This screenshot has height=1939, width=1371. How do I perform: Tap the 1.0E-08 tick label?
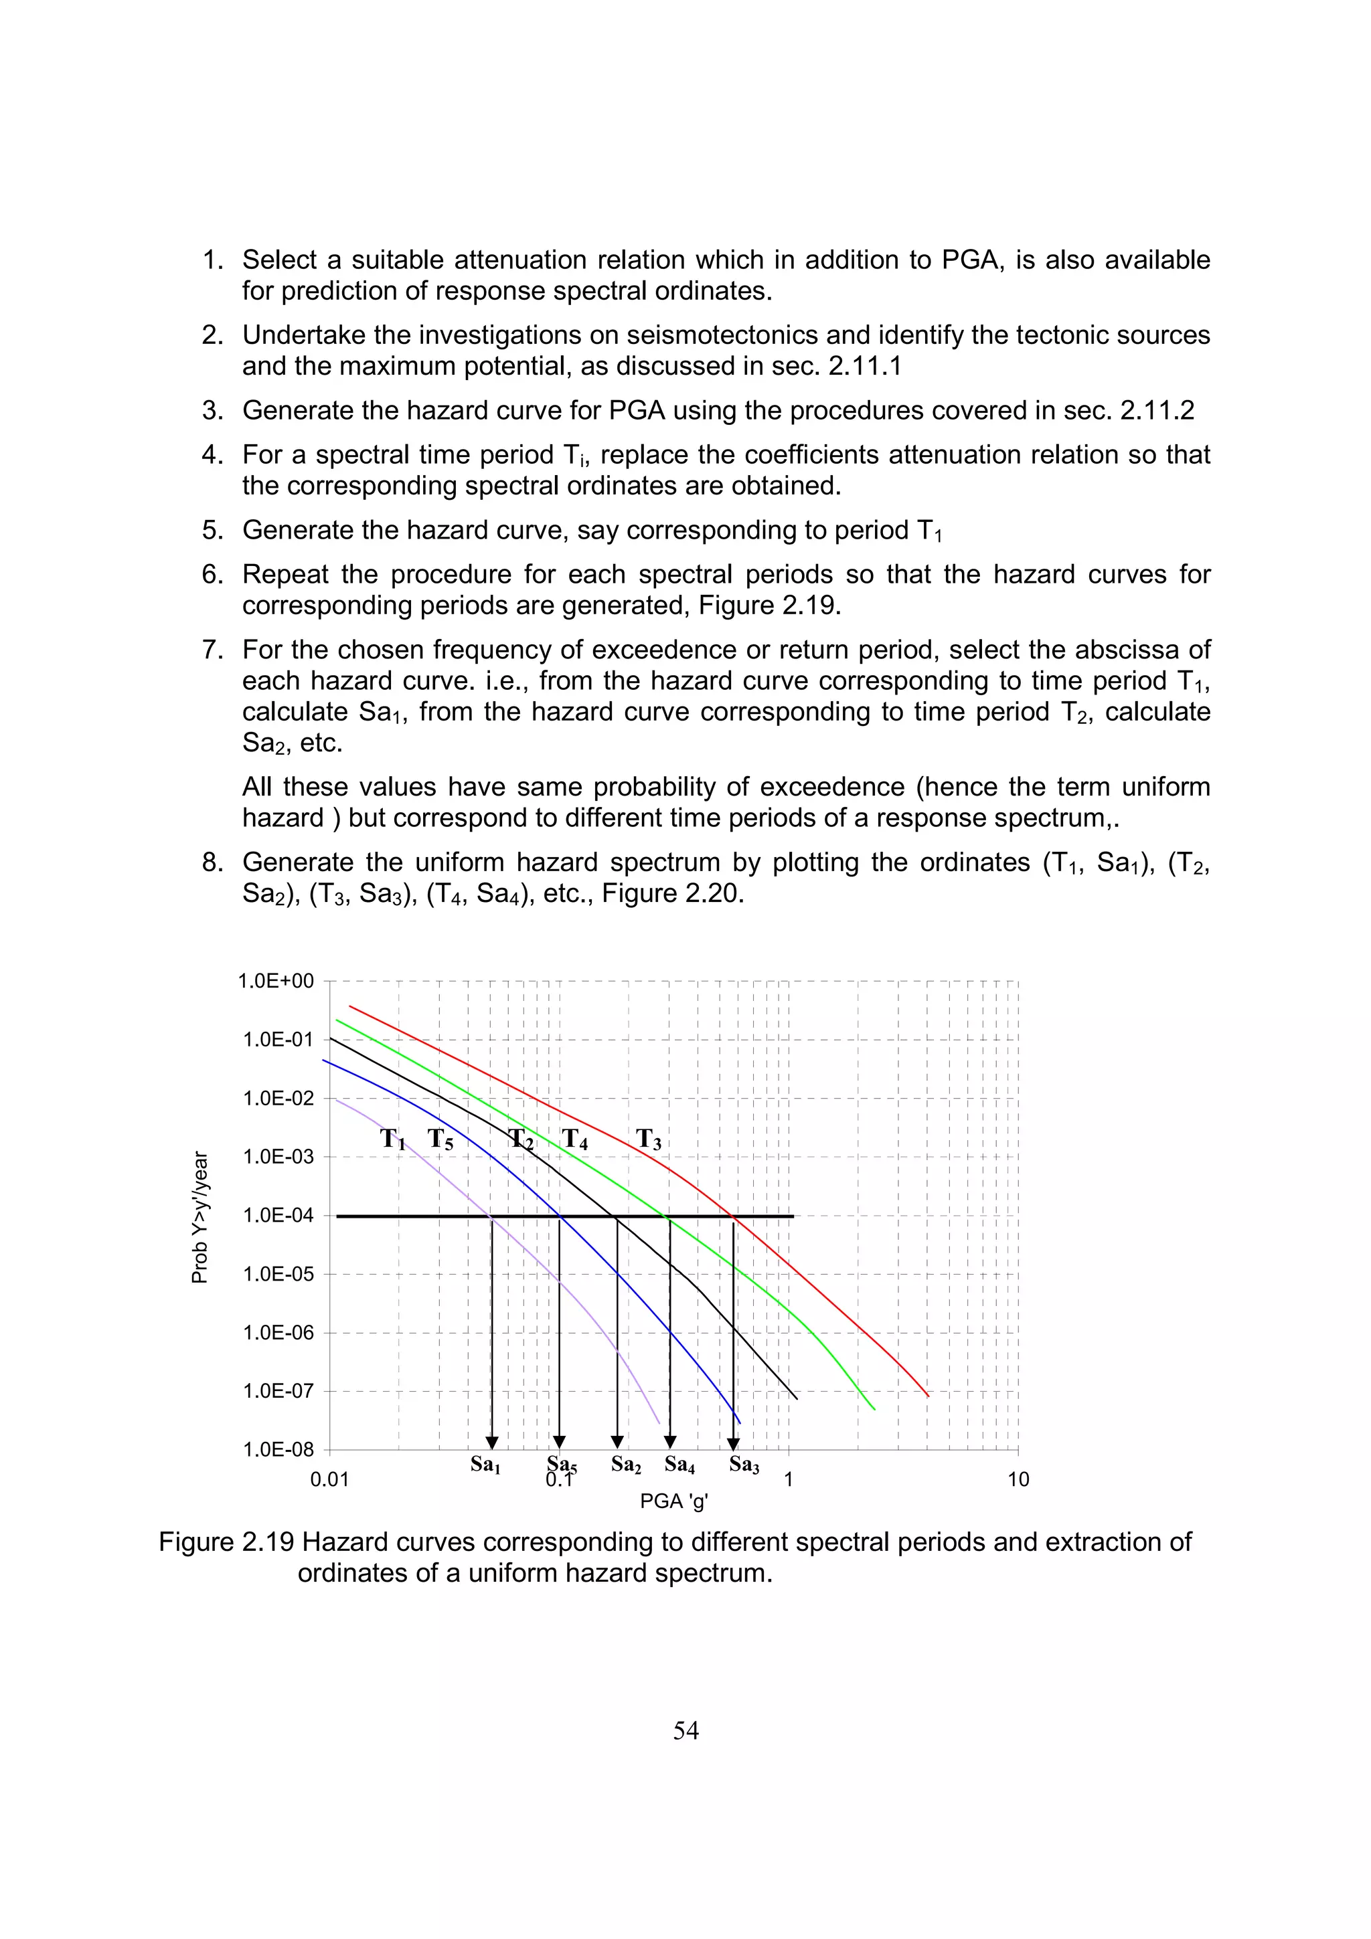[x=278, y=1450]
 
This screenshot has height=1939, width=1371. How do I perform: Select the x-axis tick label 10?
[x=1018, y=1479]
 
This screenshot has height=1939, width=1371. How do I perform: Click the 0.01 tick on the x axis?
[x=329, y=1479]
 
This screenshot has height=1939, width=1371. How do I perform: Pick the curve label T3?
[x=649, y=1139]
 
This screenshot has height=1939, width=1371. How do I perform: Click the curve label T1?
[x=393, y=1139]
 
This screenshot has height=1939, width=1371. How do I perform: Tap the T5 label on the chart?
[x=440, y=1139]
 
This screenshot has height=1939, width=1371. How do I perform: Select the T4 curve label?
[x=574, y=1139]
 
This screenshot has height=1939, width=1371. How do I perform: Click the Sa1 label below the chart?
[x=486, y=1465]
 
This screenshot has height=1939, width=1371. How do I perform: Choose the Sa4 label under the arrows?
[x=680, y=1465]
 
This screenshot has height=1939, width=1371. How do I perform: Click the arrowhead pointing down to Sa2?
[x=617, y=1442]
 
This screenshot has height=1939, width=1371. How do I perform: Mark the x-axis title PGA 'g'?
[x=673, y=1501]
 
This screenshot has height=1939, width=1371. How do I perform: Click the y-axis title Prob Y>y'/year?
[x=200, y=1217]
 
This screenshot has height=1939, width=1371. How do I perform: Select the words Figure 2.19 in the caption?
[x=226, y=1542]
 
